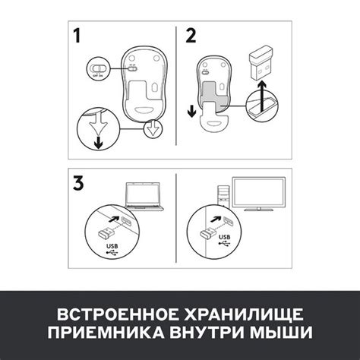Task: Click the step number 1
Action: tap(77, 36)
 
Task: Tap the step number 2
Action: tap(191, 36)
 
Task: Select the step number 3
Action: tap(78, 183)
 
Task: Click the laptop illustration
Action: tap(144, 196)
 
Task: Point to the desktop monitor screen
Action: tap(259, 192)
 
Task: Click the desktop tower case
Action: tap(223, 197)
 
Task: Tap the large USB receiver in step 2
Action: tap(261, 62)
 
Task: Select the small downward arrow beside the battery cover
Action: tap(192, 111)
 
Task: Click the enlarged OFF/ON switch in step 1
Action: tap(98, 68)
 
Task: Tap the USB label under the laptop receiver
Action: tap(112, 246)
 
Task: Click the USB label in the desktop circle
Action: tap(225, 237)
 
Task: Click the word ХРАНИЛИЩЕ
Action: tap(244, 315)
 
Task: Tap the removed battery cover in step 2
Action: tap(215, 118)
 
